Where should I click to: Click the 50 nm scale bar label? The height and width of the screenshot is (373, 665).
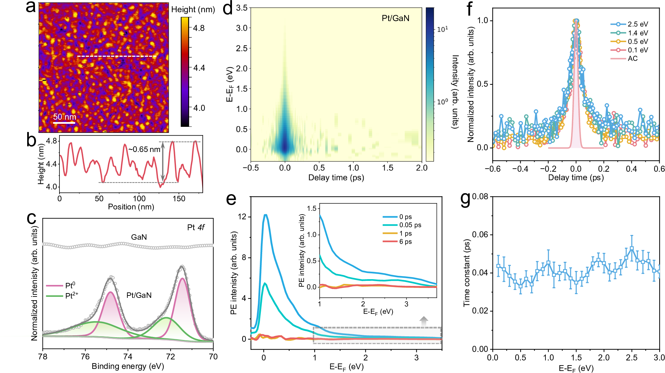coord(65,117)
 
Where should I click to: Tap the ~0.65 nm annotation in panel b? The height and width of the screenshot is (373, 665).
coord(144,149)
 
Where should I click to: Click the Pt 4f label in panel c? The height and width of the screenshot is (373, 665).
coord(196,227)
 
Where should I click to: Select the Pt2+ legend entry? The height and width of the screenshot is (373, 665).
coord(71,295)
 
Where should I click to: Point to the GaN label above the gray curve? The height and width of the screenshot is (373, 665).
coord(139,237)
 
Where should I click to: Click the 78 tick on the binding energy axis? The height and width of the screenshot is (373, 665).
coord(43,356)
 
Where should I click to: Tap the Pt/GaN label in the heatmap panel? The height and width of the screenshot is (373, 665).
coord(395,18)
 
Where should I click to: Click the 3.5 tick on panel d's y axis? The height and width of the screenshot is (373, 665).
coord(242,8)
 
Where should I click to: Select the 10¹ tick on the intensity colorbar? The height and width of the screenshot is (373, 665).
coord(442,30)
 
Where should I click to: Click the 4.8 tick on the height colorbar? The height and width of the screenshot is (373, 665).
coord(199,28)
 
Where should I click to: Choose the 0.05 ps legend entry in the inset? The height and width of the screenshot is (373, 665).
coord(410,225)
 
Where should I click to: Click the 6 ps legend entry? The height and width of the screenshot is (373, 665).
coord(406,242)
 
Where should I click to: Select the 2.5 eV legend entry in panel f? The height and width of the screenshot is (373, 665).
coord(637,24)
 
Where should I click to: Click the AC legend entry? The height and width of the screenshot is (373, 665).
coord(632,58)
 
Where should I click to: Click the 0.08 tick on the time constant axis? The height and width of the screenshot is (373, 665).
coord(480,197)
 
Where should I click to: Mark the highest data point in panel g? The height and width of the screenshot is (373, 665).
coord(632,249)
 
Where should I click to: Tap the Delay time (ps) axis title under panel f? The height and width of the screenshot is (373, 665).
coord(576,177)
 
